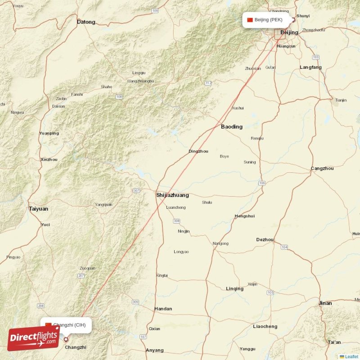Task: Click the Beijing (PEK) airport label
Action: [x=268, y=20]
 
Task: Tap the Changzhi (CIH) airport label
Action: [x=69, y=325]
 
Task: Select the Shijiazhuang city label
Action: [x=172, y=195]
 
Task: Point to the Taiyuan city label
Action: [x=38, y=209]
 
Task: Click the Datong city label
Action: [x=86, y=22]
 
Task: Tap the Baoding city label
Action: [x=231, y=127]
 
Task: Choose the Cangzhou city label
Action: [x=322, y=168]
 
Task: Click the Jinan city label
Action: [x=325, y=303]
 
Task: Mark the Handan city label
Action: [x=163, y=309]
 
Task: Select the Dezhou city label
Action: [x=265, y=240]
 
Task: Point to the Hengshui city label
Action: [x=245, y=216]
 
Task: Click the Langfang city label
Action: [x=310, y=67]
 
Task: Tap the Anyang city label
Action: [x=155, y=350]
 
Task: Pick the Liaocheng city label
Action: [x=265, y=326]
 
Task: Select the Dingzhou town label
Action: [x=198, y=151]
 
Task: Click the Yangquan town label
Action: [x=103, y=205]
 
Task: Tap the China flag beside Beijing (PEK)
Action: [x=250, y=20]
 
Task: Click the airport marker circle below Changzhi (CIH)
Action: [x=66, y=340]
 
